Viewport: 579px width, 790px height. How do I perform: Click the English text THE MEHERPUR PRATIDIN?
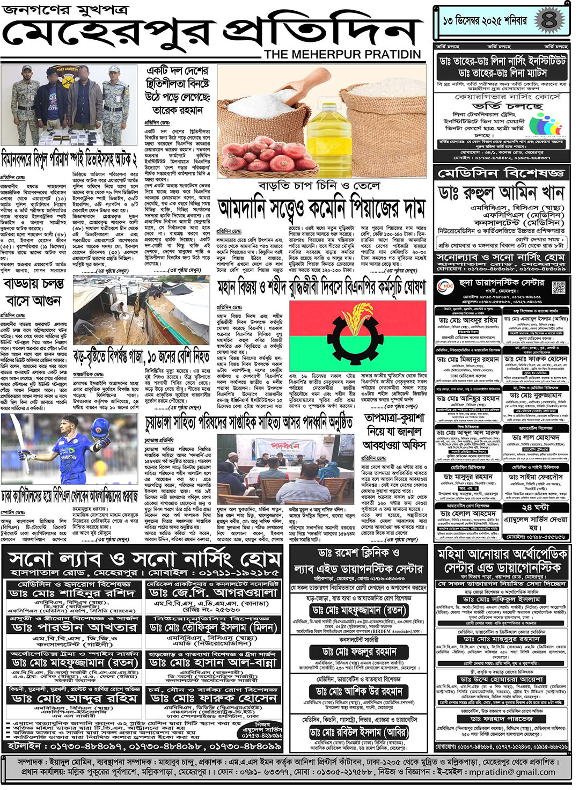coord(342,54)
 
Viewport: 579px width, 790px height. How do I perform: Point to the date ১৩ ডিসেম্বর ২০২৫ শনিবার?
coord(485,21)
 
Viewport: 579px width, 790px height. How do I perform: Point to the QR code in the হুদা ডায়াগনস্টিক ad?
coord(558,287)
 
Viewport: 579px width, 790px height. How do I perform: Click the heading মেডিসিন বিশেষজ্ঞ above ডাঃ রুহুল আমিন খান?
coord(501,173)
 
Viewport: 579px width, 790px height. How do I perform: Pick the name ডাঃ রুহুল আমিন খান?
coord(501,192)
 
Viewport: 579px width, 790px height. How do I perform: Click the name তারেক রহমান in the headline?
coord(178,110)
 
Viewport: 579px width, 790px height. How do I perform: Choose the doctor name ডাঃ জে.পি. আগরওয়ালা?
coord(213,593)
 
